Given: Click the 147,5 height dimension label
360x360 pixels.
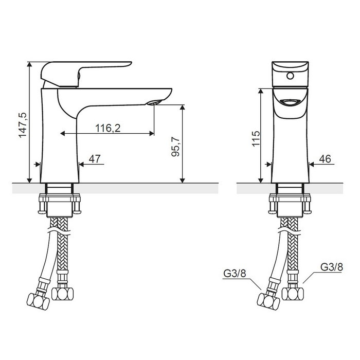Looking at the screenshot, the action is [x=23, y=125].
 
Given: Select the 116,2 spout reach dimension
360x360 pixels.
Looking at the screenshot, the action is [x=107, y=128].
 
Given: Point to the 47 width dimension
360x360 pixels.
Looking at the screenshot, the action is [x=95, y=159].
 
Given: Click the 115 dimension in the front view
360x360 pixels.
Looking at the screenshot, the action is [x=256, y=138].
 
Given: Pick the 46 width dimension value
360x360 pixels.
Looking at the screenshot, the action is [x=325, y=159].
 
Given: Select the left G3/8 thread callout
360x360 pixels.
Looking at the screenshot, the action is [x=235, y=273].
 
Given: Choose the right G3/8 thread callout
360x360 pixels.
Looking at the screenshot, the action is [x=332, y=267].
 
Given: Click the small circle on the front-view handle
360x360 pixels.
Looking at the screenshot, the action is [x=290, y=76].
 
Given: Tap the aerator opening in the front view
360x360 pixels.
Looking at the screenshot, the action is [x=290, y=102].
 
